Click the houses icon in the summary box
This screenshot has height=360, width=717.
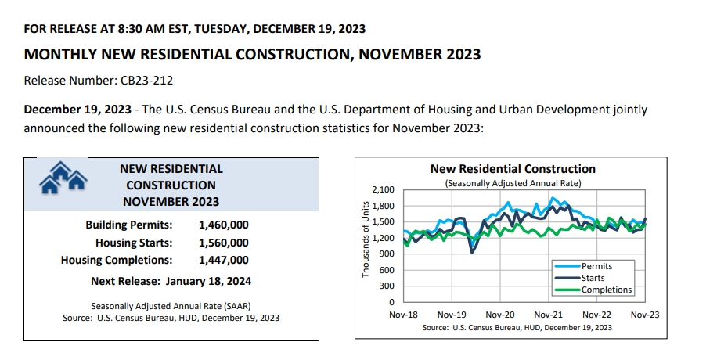pyautogui.click(x=62, y=177)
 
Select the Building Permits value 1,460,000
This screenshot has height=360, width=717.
pyautogui.click(x=224, y=225)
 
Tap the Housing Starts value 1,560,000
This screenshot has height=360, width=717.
pyautogui.click(x=224, y=243)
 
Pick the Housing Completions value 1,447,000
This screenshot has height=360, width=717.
pyautogui.click(x=224, y=260)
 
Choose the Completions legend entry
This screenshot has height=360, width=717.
pyautogui.click(x=606, y=290)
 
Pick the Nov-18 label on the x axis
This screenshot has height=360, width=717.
pyautogui.click(x=404, y=314)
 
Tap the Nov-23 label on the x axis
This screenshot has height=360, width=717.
pyautogui.click(x=644, y=314)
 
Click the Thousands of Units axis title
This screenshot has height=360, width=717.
pyautogui.click(x=366, y=239)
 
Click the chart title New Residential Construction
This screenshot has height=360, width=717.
pyautogui.click(x=513, y=169)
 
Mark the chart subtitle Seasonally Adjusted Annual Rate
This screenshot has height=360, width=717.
pyautogui.click(x=513, y=182)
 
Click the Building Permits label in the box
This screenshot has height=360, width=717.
pyautogui.click(x=129, y=225)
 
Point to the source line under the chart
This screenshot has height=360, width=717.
pyautogui.click(x=517, y=328)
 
